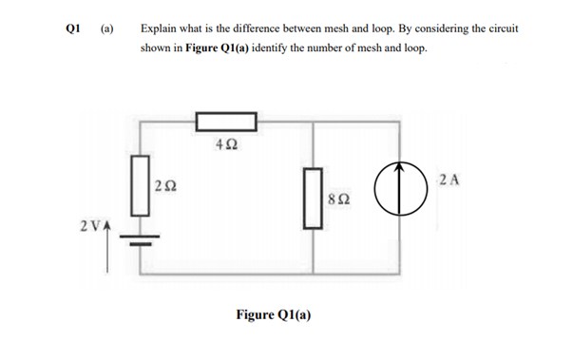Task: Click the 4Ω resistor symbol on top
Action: (x=226, y=121)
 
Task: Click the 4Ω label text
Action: (x=226, y=146)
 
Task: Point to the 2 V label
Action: (x=89, y=226)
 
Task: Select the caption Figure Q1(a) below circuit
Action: (x=275, y=313)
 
